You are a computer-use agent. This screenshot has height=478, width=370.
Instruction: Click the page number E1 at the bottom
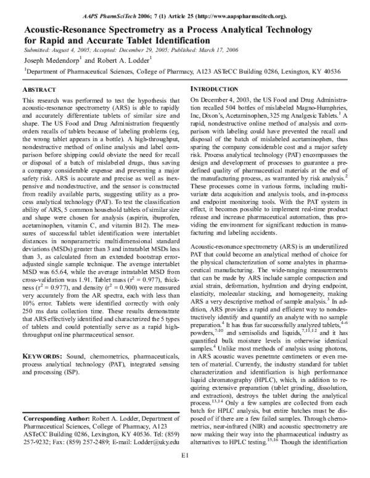click(184, 472)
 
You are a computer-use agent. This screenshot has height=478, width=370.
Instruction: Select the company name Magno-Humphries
click(321, 108)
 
